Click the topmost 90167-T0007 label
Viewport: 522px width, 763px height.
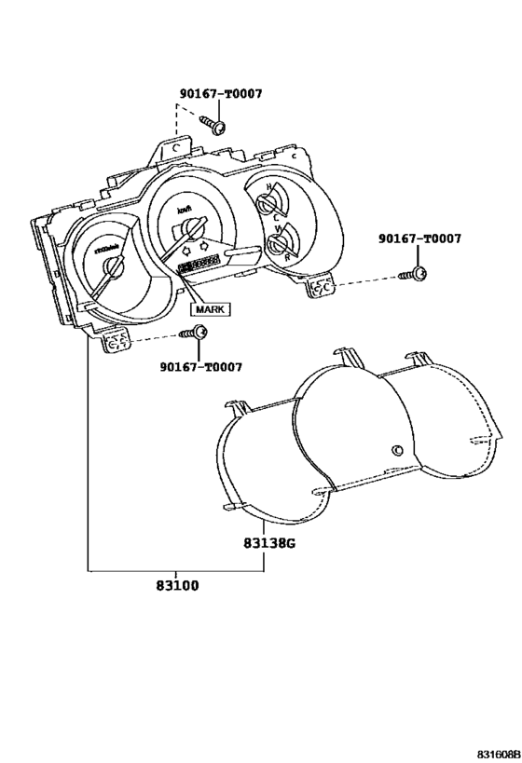point(221,93)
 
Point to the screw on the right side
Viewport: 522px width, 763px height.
point(417,273)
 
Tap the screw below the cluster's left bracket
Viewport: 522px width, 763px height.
point(197,333)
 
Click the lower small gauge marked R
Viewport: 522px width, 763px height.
point(277,244)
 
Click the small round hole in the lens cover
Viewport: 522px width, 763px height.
point(397,451)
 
